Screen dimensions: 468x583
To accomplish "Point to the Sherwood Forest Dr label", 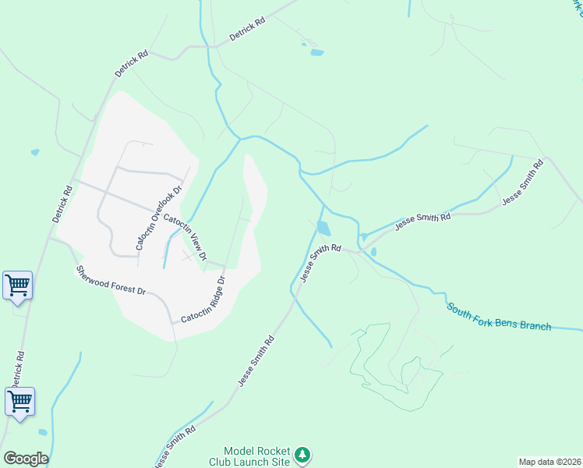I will pos(111,281).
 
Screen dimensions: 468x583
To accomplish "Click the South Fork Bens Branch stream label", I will pos(499,315).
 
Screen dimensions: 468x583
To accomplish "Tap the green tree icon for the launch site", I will pos(303,455).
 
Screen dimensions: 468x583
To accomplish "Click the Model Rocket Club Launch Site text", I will pos(256,456).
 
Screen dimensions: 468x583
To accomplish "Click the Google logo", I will pos(26,458).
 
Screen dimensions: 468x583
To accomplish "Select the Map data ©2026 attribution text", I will pos(549,461).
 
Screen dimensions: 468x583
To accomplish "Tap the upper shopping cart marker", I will pos(17,285).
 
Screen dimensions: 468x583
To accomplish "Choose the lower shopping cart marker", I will pos(19,402).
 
